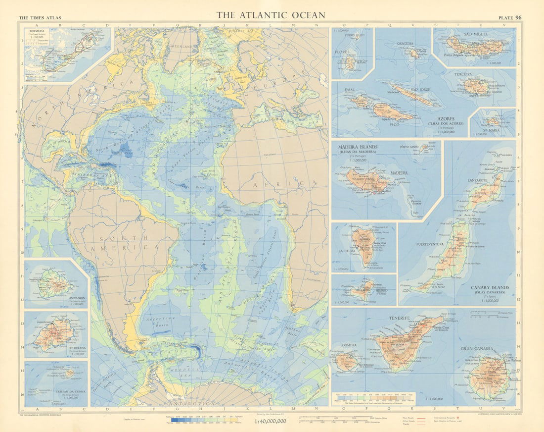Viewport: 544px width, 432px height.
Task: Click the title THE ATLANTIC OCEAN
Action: [x=271, y=15]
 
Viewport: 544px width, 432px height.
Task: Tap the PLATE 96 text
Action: [x=511, y=18]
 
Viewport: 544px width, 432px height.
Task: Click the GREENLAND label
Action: [x=181, y=47]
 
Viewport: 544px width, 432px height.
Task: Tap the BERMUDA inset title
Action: [x=40, y=31]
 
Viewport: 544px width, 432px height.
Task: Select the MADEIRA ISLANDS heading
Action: [x=357, y=147]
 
